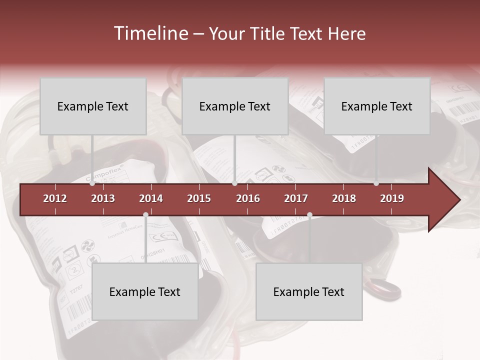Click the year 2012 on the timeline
tap(55, 198)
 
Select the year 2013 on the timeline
tap(103, 198)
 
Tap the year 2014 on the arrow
tap(151, 198)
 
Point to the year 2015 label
tap(199, 198)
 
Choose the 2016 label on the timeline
tap(248, 198)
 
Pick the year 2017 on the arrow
tap(296, 198)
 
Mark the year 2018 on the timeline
tap(344, 198)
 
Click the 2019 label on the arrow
tap(392, 198)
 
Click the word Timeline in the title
tap(149, 33)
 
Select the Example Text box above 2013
tap(93, 106)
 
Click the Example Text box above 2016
tap(235, 106)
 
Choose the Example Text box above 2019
tap(377, 106)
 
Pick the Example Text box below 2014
tap(145, 291)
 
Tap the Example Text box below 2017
tap(309, 291)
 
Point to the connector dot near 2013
tap(92, 183)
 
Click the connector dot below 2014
tap(145, 215)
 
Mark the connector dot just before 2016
tap(234, 183)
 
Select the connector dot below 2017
tap(309, 215)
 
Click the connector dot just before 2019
tap(376, 183)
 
